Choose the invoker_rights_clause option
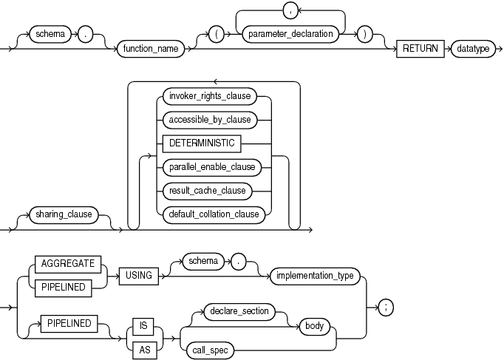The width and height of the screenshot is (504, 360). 212,95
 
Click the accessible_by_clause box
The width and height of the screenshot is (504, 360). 212,119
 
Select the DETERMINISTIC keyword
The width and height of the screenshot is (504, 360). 202,143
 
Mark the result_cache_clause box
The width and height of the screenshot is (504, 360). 208,191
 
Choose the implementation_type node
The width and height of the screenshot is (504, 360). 314,276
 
